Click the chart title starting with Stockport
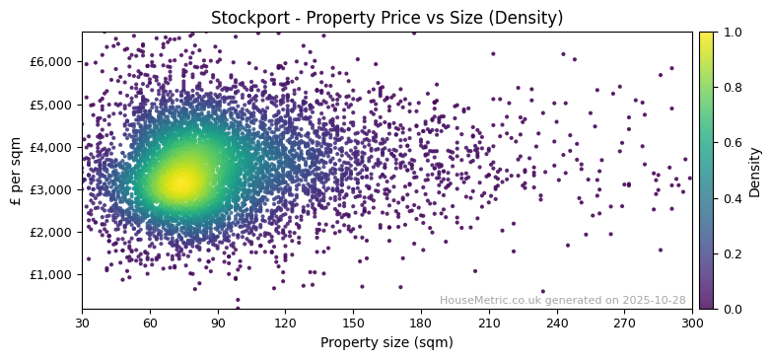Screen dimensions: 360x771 pyautogui.click(x=386, y=18)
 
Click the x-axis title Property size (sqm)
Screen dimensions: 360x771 pyautogui.click(x=386, y=343)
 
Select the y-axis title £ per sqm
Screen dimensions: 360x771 pyautogui.click(x=16, y=170)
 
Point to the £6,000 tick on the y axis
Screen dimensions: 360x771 pyautogui.click(x=52, y=61)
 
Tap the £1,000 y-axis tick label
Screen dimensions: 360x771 pyautogui.click(x=52, y=274)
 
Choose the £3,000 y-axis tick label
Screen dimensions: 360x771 pyautogui.click(x=52, y=189)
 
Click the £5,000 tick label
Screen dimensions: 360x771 pyautogui.click(x=52, y=104)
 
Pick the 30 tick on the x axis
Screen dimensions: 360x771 pyautogui.click(x=82, y=323)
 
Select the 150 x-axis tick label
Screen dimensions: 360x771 pyautogui.click(x=353, y=323)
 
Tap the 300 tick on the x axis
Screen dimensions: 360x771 pyautogui.click(x=692, y=323)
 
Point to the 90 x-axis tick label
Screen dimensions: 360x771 pyautogui.click(x=218, y=323)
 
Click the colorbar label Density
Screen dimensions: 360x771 pyautogui.click(x=755, y=171)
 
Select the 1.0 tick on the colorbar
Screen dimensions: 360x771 pyautogui.click(x=732, y=32)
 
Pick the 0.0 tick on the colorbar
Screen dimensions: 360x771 pyautogui.click(x=732, y=309)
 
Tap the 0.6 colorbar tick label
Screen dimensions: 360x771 pyautogui.click(x=732, y=143)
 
